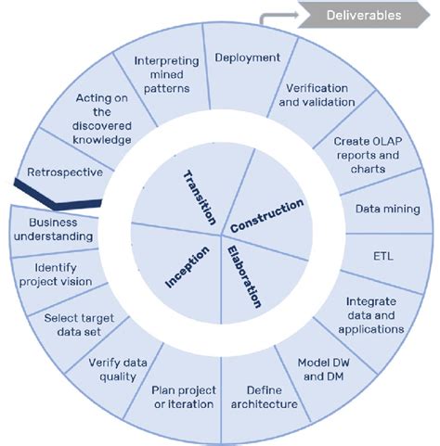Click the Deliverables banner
click(364, 15)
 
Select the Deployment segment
click(247, 57)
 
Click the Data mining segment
click(387, 210)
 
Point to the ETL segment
click(382, 255)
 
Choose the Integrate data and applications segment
click(370, 314)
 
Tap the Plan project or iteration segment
click(188, 398)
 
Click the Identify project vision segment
click(57, 276)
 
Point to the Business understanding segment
click(59, 229)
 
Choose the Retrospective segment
click(58, 172)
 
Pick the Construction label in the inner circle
click(266, 215)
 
